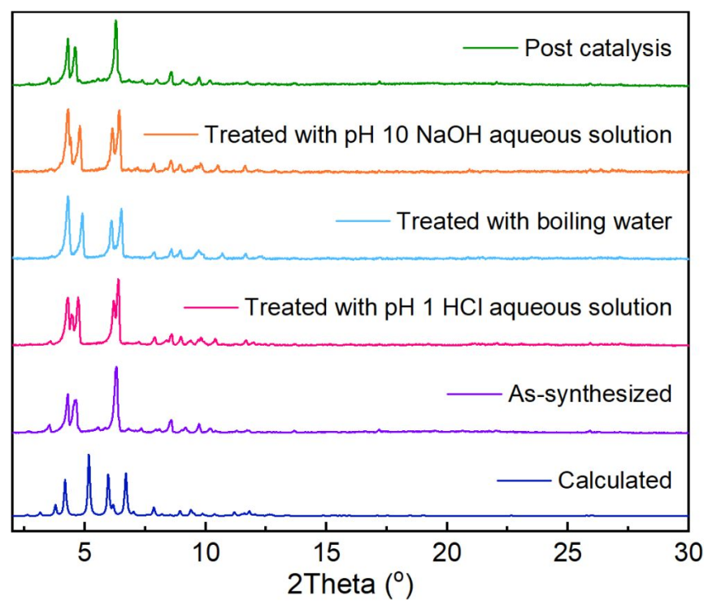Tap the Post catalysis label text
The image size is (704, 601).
598,48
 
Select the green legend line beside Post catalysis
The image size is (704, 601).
490,48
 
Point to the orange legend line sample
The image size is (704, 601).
171,134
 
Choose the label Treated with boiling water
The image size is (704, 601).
534,221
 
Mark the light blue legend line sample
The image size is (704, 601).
362,221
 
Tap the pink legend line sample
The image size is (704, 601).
211,307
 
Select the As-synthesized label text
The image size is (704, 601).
590,394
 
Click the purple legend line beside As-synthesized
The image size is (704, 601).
474,394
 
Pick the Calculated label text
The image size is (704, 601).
615,481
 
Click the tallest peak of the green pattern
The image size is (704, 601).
115,21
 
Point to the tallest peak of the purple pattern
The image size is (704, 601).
115,368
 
